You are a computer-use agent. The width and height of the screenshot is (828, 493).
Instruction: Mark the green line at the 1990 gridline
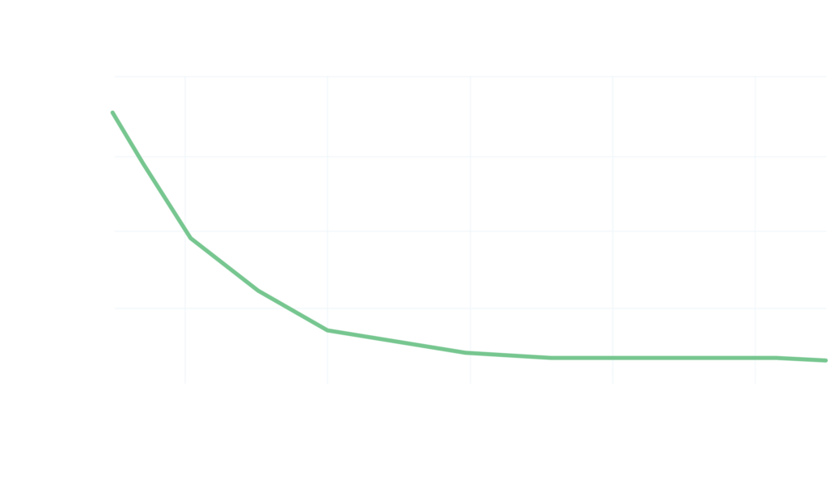pyautogui.click(x=327, y=330)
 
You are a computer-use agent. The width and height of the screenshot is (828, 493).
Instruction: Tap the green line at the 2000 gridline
pyautogui.click(x=470, y=352)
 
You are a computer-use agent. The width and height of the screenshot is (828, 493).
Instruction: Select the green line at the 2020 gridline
pyautogui.click(x=754, y=357)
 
